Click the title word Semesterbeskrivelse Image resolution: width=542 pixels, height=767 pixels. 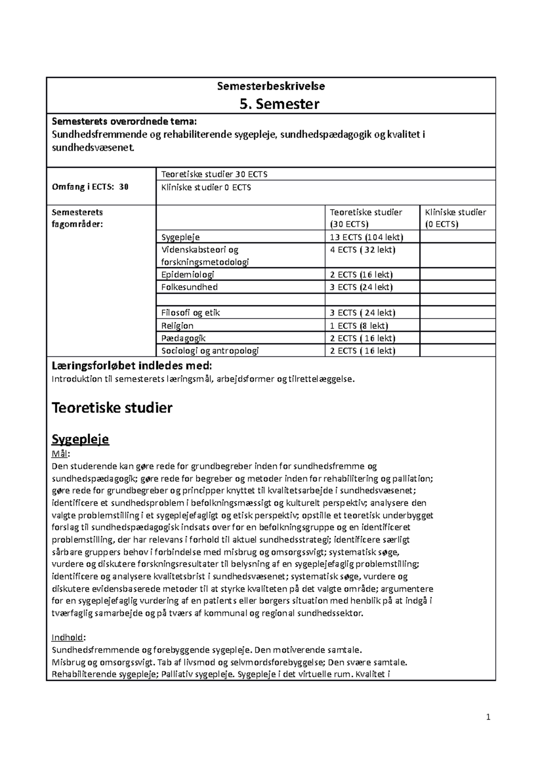click(x=271, y=86)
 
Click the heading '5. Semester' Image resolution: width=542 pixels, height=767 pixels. click(x=280, y=104)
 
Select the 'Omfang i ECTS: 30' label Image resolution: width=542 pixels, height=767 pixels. click(x=90, y=187)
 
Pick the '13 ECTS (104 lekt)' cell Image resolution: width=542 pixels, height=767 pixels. click(x=366, y=237)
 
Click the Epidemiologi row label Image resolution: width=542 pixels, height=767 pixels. click(x=187, y=274)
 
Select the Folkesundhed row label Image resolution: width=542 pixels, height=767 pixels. click(x=189, y=287)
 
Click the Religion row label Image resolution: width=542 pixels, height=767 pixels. click(x=178, y=326)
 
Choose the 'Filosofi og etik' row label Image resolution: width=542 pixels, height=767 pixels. click(x=191, y=313)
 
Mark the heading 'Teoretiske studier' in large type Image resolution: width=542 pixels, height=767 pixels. click(x=112, y=408)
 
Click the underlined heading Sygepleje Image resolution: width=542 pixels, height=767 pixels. click(x=80, y=439)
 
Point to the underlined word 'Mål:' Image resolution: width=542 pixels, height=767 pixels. click(x=61, y=454)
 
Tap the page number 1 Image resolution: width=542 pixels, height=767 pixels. click(x=488, y=717)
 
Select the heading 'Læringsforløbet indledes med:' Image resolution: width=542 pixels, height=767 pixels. click(x=132, y=365)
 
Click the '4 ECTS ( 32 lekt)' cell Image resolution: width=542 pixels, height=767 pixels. click(x=363, y=250)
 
